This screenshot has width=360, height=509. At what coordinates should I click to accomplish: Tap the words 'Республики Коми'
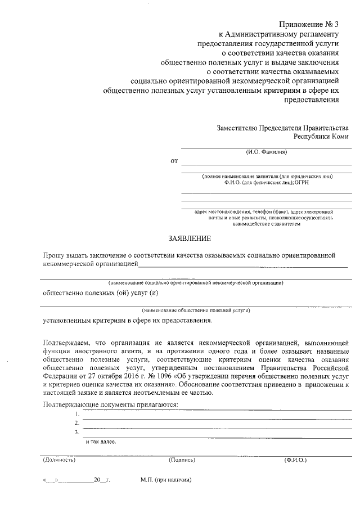[321, 137]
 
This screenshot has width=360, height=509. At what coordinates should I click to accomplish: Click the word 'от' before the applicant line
[174, 161]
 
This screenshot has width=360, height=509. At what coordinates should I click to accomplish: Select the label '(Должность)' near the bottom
[59, 460]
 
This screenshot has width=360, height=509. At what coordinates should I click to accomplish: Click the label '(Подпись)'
[182, 460]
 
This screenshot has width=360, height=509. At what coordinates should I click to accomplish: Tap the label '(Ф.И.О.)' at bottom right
[295, 460]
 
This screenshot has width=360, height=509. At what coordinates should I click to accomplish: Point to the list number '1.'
[76, 414]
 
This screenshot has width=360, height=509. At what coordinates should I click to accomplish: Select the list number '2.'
[76, 423]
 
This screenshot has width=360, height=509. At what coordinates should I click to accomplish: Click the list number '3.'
[76, 432]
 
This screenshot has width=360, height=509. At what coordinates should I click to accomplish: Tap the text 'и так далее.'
[101, 442]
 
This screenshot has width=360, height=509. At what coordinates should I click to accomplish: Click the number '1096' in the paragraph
[150, 374]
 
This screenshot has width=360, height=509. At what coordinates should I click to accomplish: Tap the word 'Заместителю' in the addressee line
[237, 128]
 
